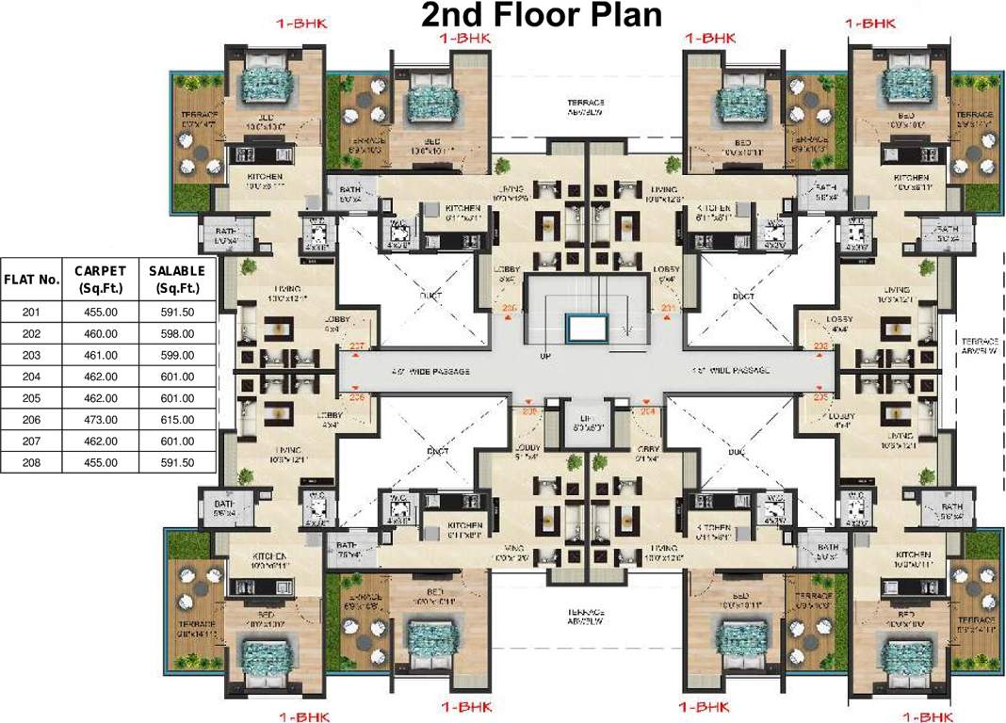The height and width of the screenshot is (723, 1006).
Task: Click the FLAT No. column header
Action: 32,280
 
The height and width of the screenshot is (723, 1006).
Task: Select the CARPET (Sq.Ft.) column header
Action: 101,280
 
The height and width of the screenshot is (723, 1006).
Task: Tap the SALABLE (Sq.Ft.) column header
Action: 177,280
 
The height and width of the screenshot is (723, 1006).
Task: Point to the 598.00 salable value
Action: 177,333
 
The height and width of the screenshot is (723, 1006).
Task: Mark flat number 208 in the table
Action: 32,462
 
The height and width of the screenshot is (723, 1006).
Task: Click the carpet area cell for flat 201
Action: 101,312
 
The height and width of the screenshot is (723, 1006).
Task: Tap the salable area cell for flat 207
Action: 177,441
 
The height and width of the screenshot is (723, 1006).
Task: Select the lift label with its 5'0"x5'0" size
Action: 581,423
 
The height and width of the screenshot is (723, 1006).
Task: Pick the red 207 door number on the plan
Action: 357,345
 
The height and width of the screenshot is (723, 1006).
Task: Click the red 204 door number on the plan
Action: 647,411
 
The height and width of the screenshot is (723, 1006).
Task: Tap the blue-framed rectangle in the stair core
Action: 587,327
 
